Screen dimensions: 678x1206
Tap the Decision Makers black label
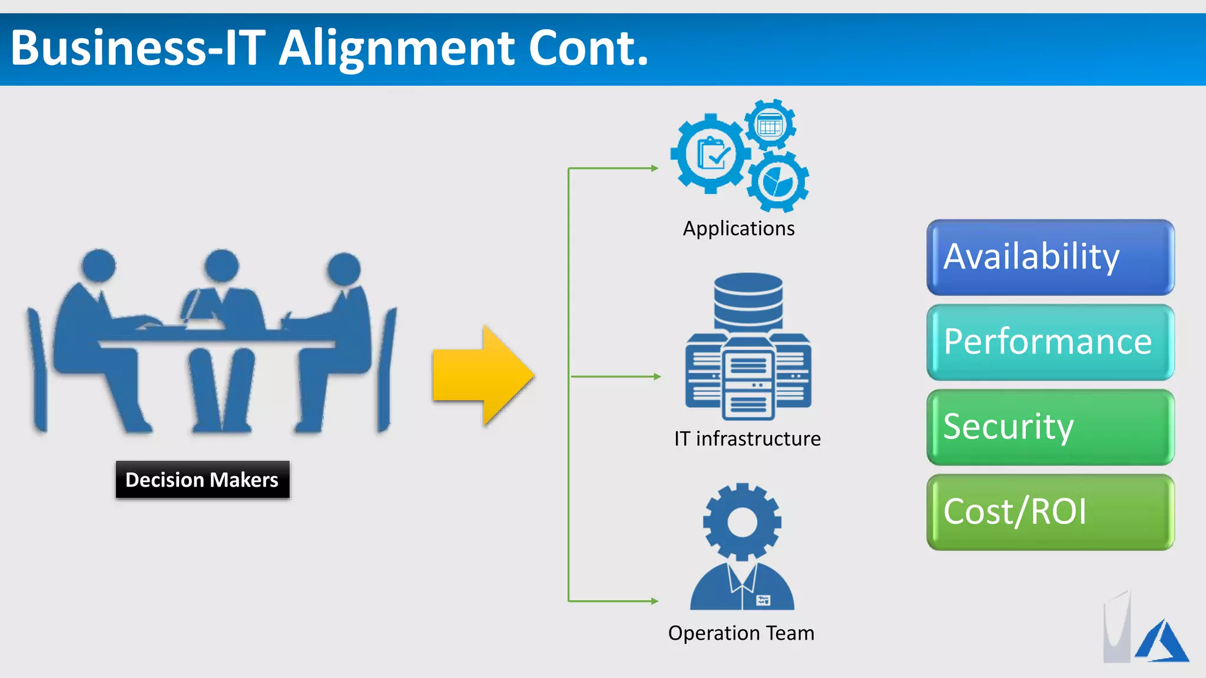pos(202,480)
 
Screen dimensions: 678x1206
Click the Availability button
pos(1050,257)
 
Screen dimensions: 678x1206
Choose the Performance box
pos(1050,342)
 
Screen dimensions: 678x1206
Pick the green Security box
pos(1050,427)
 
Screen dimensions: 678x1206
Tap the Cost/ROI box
pos(1050,512)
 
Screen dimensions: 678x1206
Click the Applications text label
pos(738,228)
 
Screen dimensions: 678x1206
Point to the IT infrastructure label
pos(747,438)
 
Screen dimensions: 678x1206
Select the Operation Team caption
pos(741,633)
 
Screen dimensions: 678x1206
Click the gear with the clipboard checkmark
pos(711,154)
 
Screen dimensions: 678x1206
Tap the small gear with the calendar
pos(770,125)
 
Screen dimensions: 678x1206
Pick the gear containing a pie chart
pos(777,182)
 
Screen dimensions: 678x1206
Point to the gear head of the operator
pos(742,521)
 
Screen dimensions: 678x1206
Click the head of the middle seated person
pos(221,265)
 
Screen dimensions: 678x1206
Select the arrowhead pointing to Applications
pos(655,168)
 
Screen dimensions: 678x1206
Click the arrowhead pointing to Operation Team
pos(655,601)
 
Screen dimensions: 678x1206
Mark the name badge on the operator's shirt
pos(763,600)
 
